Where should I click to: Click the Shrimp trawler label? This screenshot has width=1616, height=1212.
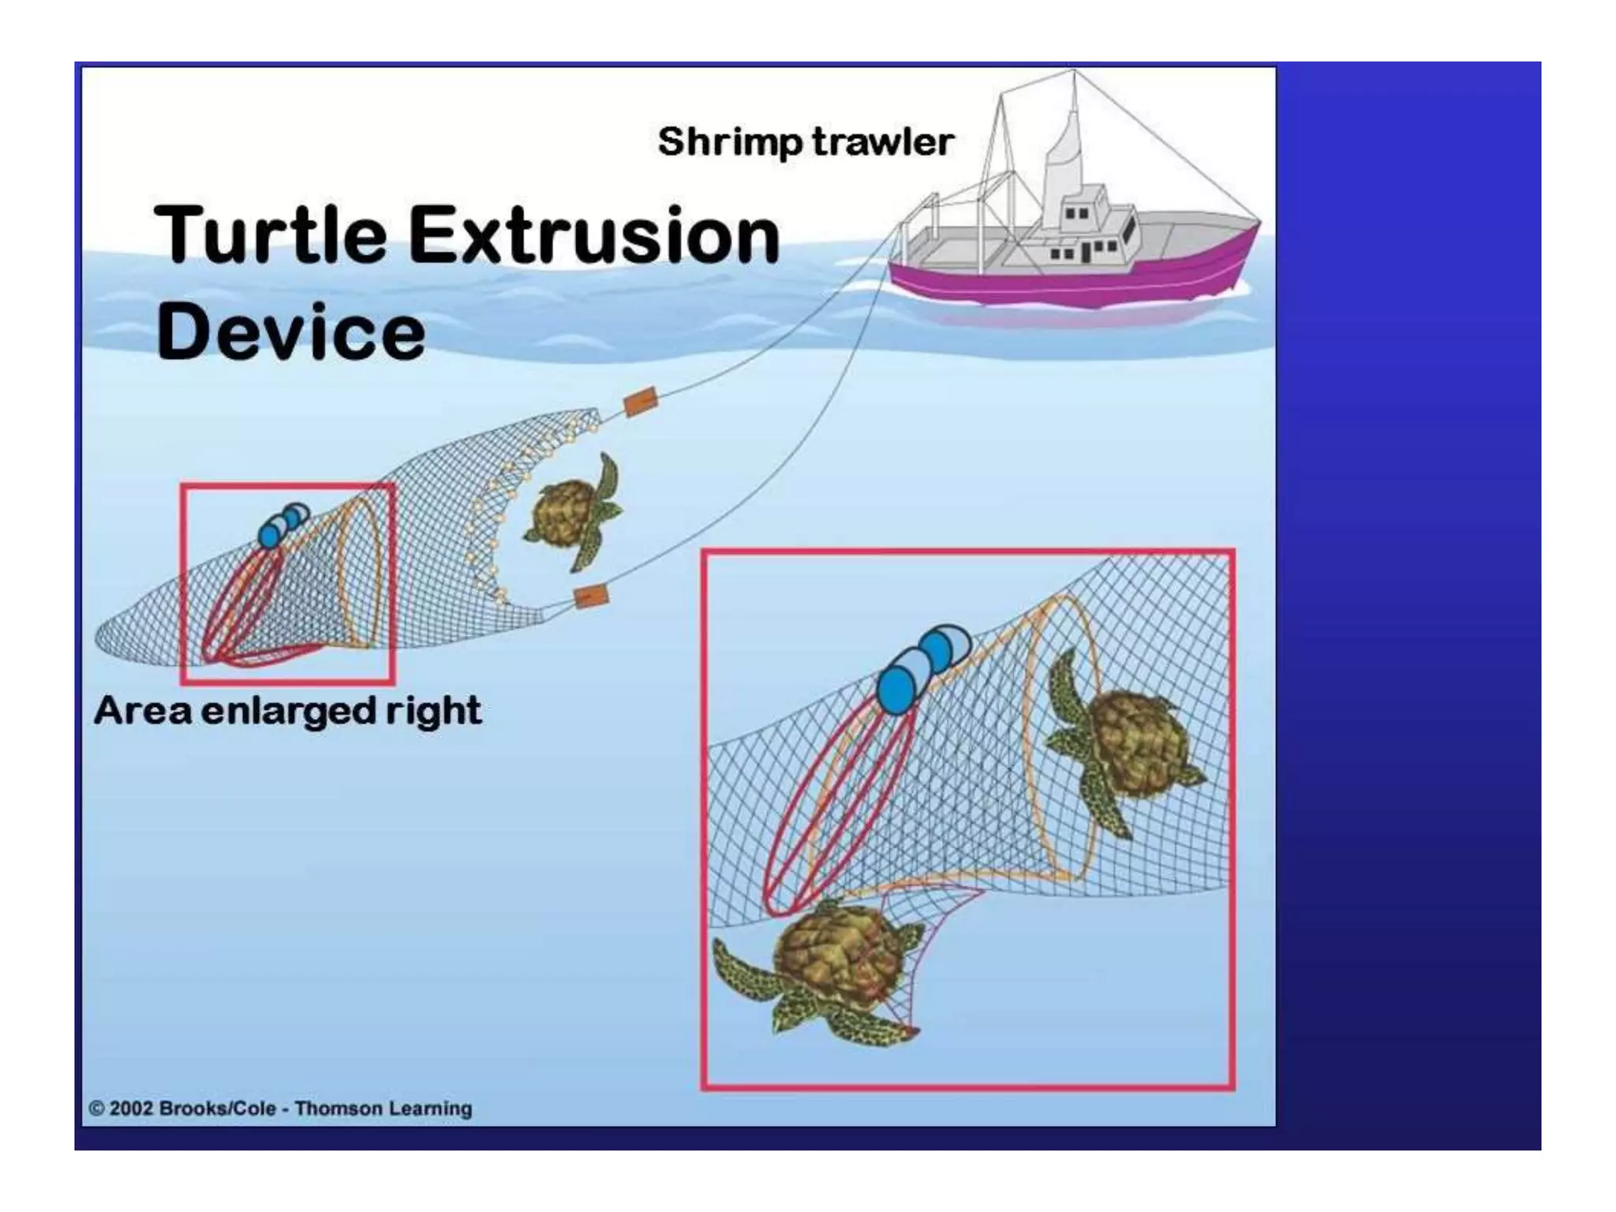(805, 142)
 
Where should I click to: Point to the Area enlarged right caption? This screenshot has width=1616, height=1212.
(287, 711)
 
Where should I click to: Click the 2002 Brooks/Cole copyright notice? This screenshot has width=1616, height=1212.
(280, 1108)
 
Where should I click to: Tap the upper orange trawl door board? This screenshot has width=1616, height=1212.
(640, 402)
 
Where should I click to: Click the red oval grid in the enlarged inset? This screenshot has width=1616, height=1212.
(836, 813)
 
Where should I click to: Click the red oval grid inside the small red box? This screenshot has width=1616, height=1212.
(241, 608)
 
